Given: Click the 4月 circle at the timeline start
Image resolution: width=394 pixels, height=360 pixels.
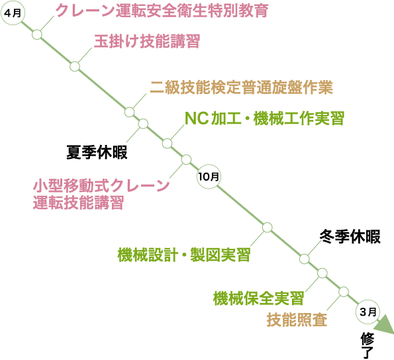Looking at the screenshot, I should point(12,13).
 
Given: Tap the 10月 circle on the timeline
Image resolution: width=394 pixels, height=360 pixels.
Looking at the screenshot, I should point(209,177).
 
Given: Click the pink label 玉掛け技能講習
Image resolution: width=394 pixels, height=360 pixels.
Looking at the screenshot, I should point(146,42).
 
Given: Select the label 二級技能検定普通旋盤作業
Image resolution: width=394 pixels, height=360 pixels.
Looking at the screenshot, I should point(241,87).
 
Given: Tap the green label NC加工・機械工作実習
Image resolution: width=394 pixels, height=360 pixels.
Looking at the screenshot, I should point(264,118).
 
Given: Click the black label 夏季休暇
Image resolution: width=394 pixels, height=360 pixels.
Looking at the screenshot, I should point(97,152).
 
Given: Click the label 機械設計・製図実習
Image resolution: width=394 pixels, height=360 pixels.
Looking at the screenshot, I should point(184,255).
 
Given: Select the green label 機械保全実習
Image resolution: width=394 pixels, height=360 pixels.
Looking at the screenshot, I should point(258,298).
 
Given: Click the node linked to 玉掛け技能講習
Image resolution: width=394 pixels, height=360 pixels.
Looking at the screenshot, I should point(75,66).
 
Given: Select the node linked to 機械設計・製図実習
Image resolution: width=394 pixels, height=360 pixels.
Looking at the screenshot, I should point(267,227).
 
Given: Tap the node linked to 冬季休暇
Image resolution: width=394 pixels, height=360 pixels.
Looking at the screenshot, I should point(305,259).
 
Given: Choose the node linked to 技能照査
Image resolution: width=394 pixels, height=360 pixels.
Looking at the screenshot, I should point(343,292).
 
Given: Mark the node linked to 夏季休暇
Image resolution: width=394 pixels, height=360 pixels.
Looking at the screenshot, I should point(143,124).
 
